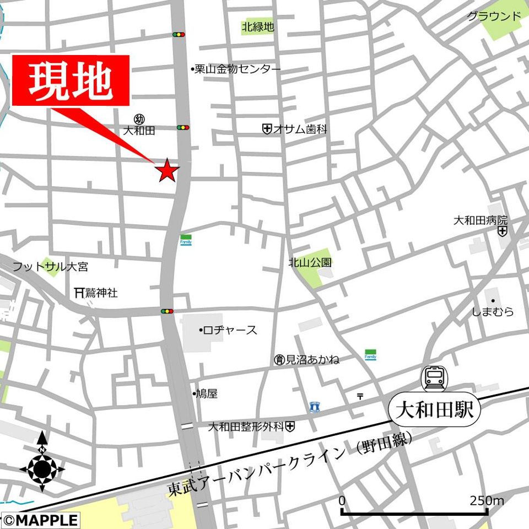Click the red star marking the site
click(x=167, y=170)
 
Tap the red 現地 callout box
click(x=71, y=80)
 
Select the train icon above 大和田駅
click(x=435, y=379)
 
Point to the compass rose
click(x=42, y=469)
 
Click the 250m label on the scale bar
click(x=487, y=501)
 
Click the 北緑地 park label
click(x=257, y=27)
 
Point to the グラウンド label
click(x=494, y=16)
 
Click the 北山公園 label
click(x=310, y=263)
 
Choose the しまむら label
click(x=493, y=312)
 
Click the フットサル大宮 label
click(x=50, y=267)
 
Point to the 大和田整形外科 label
click(x=246, y=427)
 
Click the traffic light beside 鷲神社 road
click(x=167, y=311)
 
